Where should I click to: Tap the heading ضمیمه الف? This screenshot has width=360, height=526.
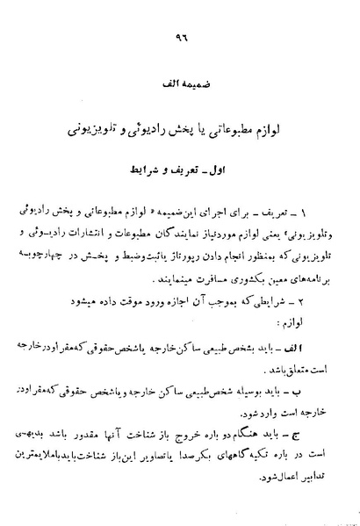click(184, 88)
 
